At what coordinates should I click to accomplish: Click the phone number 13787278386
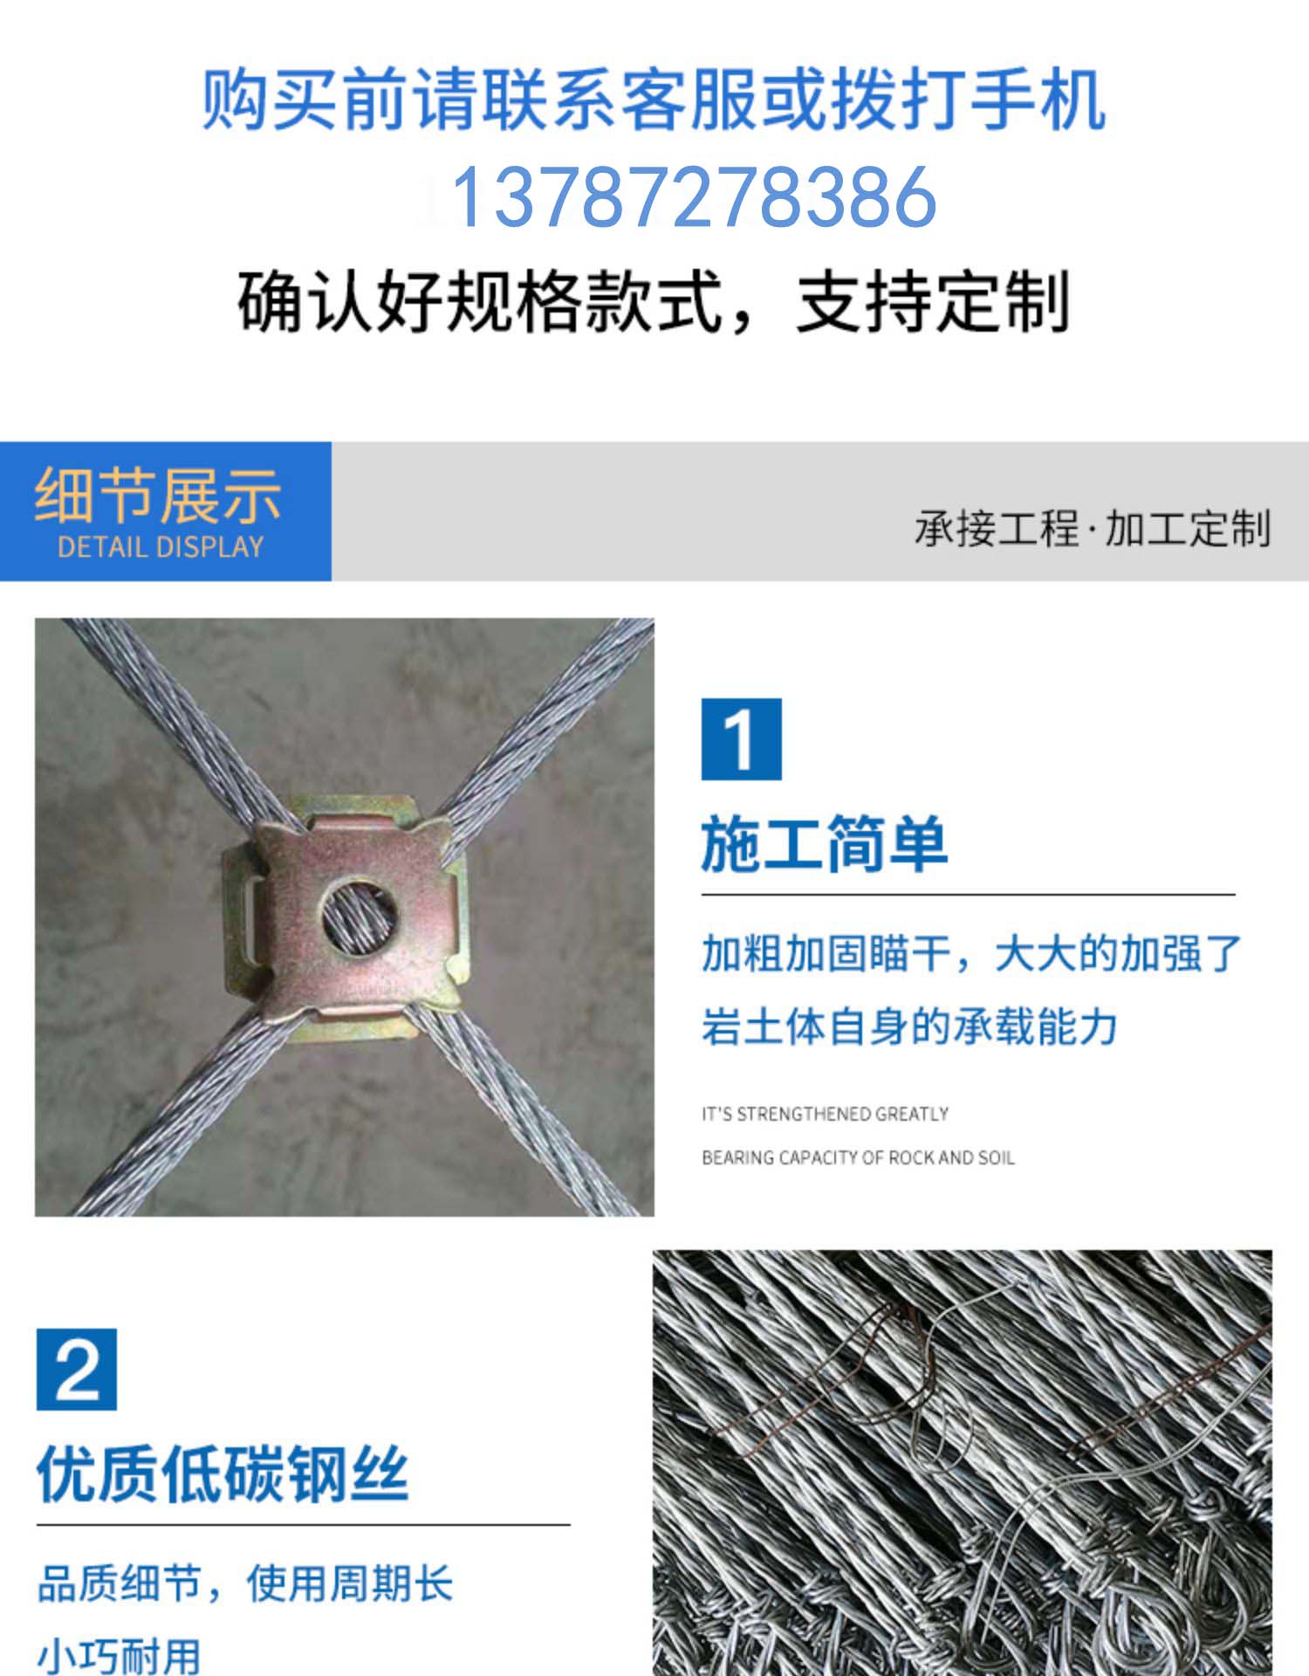coord(694,198)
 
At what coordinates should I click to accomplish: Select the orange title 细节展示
coord(158,495)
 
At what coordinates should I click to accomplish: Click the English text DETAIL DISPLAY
coord(161,547)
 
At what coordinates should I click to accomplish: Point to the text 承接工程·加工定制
coord(1092,528)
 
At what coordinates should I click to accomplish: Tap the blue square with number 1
coord(741,739)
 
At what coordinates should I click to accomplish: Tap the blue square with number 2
coord(77,1370)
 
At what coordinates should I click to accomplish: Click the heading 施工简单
coord(824,844)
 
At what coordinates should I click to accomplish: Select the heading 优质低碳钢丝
coord(223,1474)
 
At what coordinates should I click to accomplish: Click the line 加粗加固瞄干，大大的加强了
coord(971,952)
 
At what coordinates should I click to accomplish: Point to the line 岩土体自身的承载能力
coord(909,1026)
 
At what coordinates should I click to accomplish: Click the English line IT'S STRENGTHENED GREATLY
coord(825,1114)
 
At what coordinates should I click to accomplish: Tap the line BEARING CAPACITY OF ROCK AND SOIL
coord(858,1157)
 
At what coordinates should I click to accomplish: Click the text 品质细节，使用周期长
coord(245,1583)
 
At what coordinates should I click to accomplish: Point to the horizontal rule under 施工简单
coord(968,895)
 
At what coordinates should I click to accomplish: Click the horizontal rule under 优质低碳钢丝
coord(303,1525)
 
